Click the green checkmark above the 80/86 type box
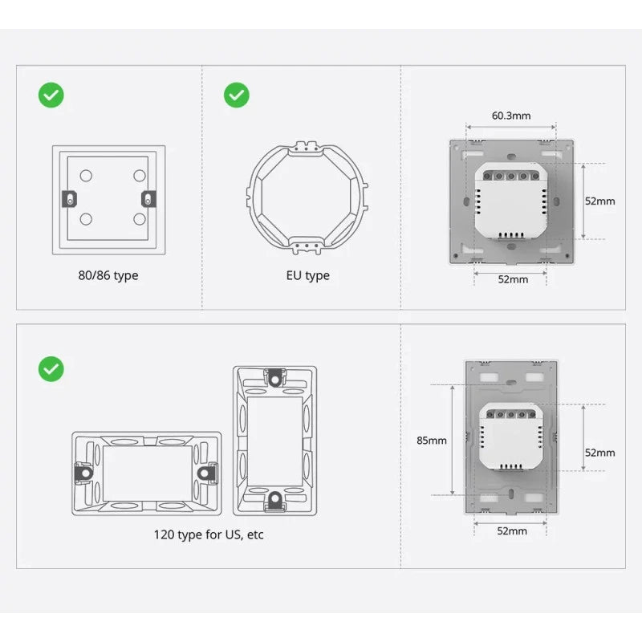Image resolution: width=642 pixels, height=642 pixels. click(51, 95)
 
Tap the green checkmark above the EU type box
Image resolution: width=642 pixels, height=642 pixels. click(236, 95)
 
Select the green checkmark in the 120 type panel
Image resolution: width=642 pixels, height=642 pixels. click(51, 369)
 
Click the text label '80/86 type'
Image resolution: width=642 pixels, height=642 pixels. click(108, 275)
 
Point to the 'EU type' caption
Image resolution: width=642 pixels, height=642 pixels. click(308, 275)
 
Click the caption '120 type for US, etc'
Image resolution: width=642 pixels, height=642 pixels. click(209, 534)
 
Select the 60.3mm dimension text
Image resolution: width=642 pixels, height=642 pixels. click(511, 116)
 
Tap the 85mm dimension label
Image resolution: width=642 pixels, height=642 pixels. click(432, 440)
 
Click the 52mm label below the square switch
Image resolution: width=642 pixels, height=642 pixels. click(513, 279)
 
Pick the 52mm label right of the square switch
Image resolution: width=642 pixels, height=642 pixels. click(599, 201)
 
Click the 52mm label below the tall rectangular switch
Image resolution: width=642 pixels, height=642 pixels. click(512, 530)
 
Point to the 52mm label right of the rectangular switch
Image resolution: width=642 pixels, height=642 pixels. click(599, 453)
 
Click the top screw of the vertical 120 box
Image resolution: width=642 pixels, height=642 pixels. click(275, 376)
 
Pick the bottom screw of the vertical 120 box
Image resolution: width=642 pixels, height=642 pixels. click(275, 500)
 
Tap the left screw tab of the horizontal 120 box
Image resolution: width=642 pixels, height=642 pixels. click(83, 473)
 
